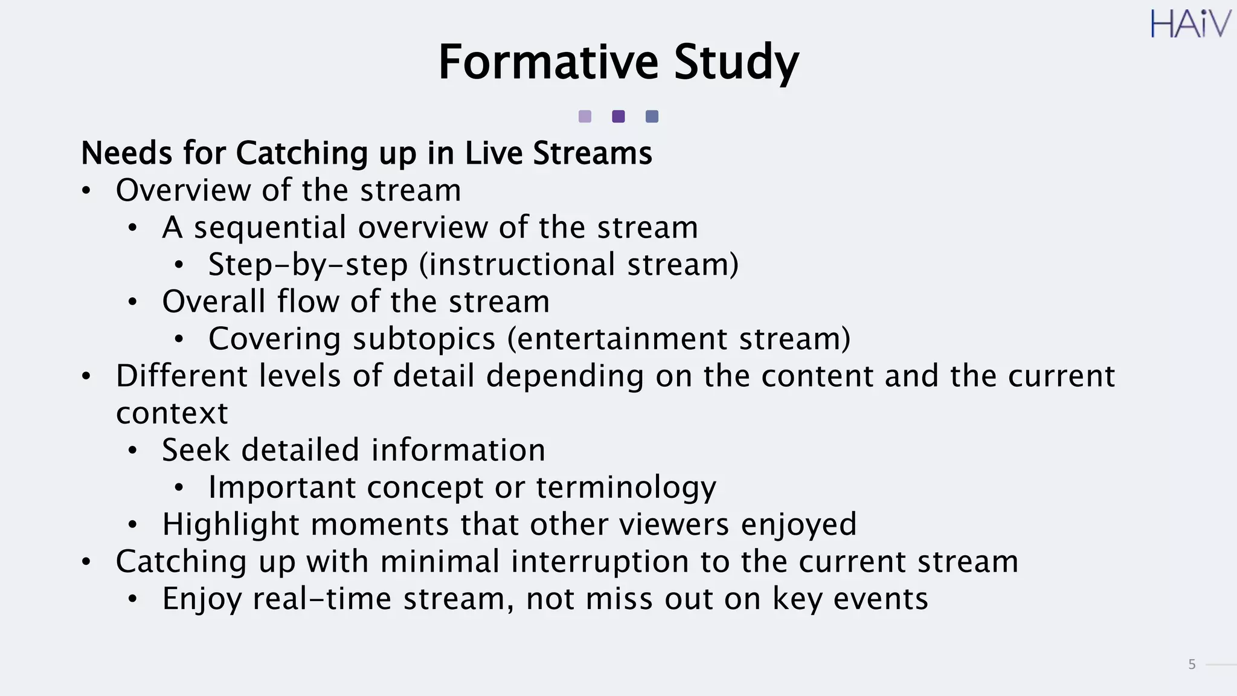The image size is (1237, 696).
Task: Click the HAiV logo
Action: [x=1189, y=25]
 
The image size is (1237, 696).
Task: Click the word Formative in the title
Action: [x=548, y=62]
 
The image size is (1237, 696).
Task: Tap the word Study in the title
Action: [x=736, y=63]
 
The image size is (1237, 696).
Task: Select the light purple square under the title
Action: [x=585, y=117]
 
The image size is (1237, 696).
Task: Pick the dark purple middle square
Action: [x=618, y=117]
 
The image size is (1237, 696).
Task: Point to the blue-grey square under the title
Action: [x=652, y=117]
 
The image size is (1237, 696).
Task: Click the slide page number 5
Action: [x=1192, y=665]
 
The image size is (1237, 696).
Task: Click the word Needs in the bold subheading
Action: [x=127, y=153]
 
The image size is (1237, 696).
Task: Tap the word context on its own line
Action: [x=172, y=414]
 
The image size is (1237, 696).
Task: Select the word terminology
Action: [x=626, y=488]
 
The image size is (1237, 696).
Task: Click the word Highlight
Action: [x=230, y=524]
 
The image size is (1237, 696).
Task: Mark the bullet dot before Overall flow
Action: [x=133, y=302]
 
